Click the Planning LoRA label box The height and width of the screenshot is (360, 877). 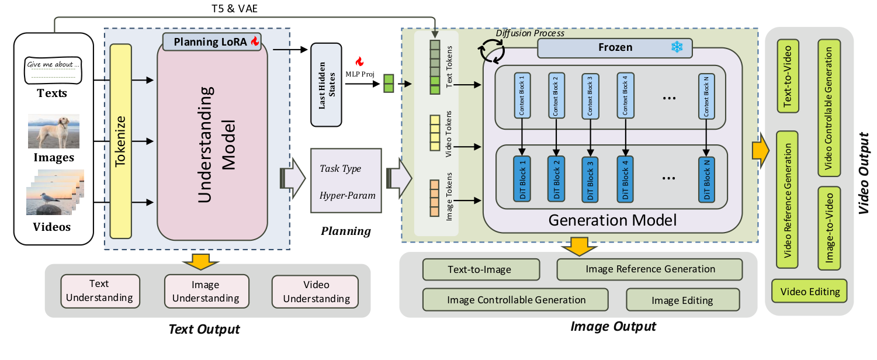pyautogui.click(x=212, y=41)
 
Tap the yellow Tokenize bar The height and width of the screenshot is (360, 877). pyautogui.click(x=120, y=141)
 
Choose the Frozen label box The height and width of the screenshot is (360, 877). pyautogui.click(x=614, y=48)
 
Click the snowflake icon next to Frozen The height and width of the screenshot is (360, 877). pyautogui.click(x=677, y=48)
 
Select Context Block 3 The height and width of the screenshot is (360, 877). pyautogui.click(x=590, y=96)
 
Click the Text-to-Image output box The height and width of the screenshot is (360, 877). pyautogui.click(x=480, y=269)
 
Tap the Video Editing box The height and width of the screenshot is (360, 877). pyautogui.click(x=810, y=291)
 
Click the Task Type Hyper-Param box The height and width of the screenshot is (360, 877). pyautogui.click(x=346, y=181)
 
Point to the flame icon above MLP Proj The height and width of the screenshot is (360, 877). pyautogui.click(x=359, y=61)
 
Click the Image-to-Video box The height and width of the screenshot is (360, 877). pyautogui.click(x=830, y=228)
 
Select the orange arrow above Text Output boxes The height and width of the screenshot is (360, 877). pyautogui.click(x=201, y=262)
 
